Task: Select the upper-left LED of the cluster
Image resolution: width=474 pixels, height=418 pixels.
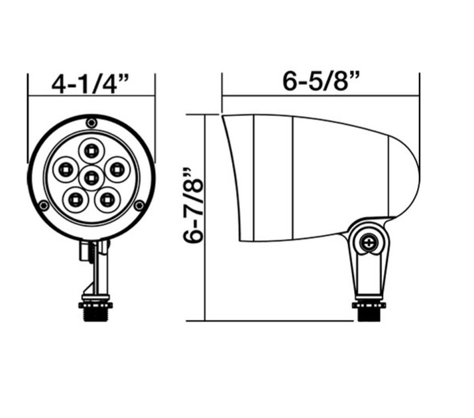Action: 66,168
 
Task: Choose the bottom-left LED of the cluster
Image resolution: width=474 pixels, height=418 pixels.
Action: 75,198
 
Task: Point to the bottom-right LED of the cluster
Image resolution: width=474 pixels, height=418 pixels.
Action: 106,198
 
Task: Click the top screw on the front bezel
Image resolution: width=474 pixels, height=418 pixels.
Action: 91,122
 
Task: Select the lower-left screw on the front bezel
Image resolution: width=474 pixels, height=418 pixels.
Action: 43,206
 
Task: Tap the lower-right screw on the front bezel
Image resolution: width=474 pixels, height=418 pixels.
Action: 139,206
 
